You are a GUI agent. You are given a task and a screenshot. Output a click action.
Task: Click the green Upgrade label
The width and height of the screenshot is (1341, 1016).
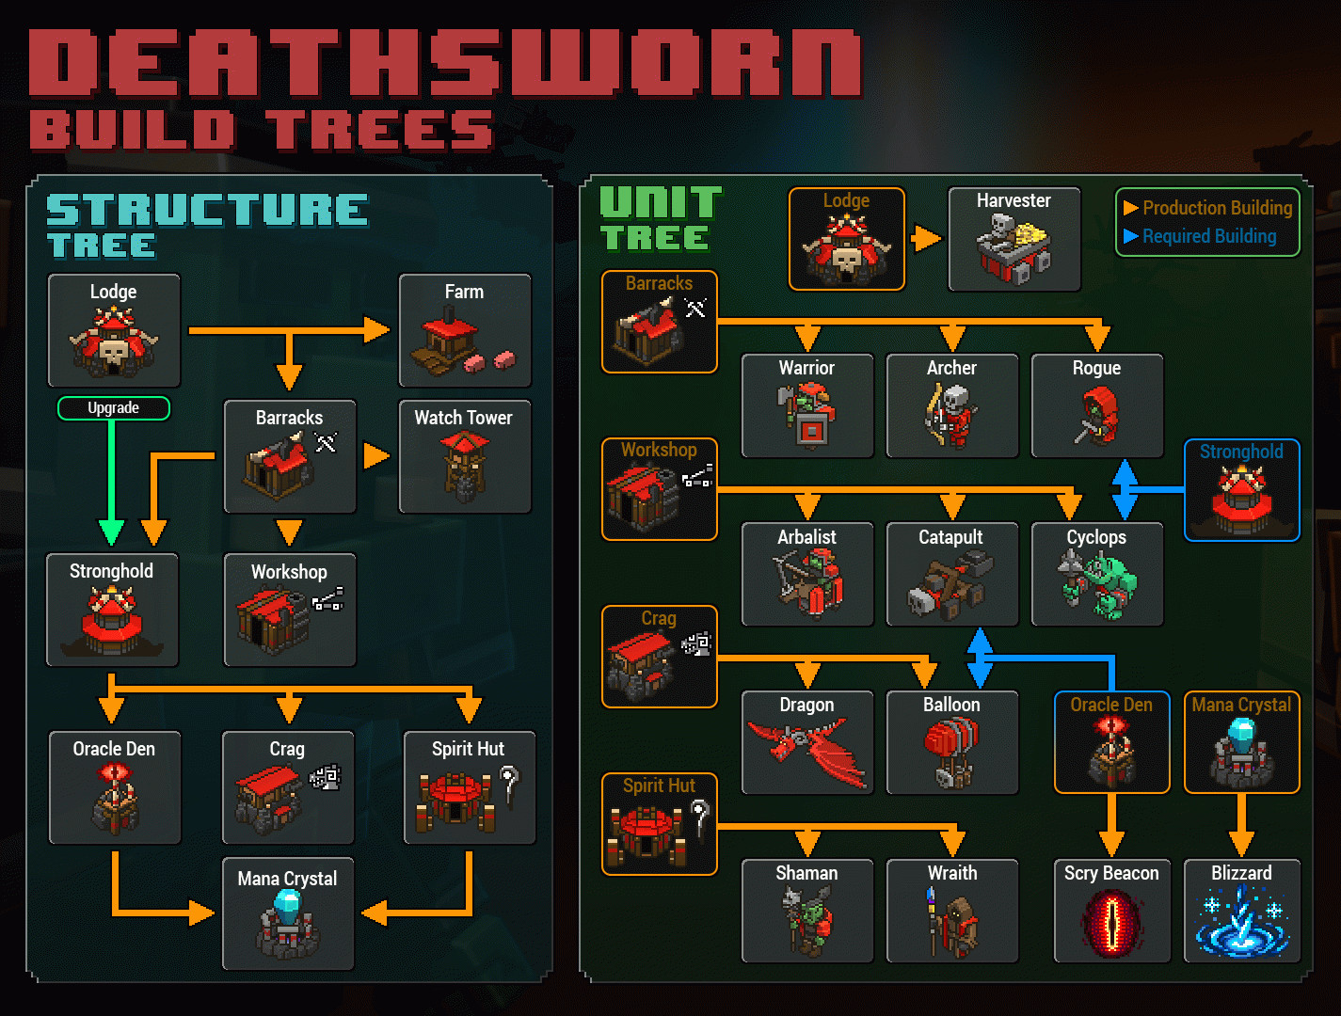pos(114,408)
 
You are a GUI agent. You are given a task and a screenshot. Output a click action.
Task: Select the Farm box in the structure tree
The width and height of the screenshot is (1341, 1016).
pos(465,330)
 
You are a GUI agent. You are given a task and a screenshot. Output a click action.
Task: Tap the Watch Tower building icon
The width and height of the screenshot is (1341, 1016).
pos(464,466)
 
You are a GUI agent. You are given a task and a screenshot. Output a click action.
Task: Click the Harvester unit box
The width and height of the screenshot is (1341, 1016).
pos(1014,239)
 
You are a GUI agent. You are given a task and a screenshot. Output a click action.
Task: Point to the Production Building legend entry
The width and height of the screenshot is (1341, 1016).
pos(1207,208)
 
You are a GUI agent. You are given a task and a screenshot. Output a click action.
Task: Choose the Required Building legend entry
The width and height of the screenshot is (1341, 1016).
pos(1200,236)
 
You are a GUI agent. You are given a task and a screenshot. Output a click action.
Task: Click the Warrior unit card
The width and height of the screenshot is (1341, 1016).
pos(807,406)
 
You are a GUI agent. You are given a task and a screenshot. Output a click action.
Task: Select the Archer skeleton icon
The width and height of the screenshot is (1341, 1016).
pos(951,416)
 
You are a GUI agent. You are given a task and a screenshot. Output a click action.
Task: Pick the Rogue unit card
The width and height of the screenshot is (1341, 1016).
pos(1097,406)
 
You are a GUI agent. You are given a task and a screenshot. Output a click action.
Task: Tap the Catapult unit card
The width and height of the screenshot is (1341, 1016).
pos(952,574)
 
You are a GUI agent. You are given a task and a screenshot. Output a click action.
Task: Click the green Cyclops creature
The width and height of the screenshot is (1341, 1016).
pos(1097,585)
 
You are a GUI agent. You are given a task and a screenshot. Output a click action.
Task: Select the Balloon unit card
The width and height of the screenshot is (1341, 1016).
pos(952,742)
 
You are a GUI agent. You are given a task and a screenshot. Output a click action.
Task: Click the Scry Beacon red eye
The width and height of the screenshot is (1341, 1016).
pos(1112,922)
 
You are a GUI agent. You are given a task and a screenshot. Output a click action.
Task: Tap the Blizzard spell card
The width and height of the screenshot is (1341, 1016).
pos(1242,911)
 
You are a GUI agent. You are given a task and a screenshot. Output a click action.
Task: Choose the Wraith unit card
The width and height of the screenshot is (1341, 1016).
pos(952,911)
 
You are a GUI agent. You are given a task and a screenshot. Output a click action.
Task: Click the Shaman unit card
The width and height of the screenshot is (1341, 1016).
pos(807,911)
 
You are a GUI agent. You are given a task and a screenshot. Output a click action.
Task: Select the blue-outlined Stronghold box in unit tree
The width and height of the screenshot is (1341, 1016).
pos(1242,490)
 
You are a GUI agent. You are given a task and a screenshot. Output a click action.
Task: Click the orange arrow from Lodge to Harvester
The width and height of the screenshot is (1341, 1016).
pos(926,239)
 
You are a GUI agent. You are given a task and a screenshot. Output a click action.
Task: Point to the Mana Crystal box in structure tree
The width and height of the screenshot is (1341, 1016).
pos(288,913)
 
